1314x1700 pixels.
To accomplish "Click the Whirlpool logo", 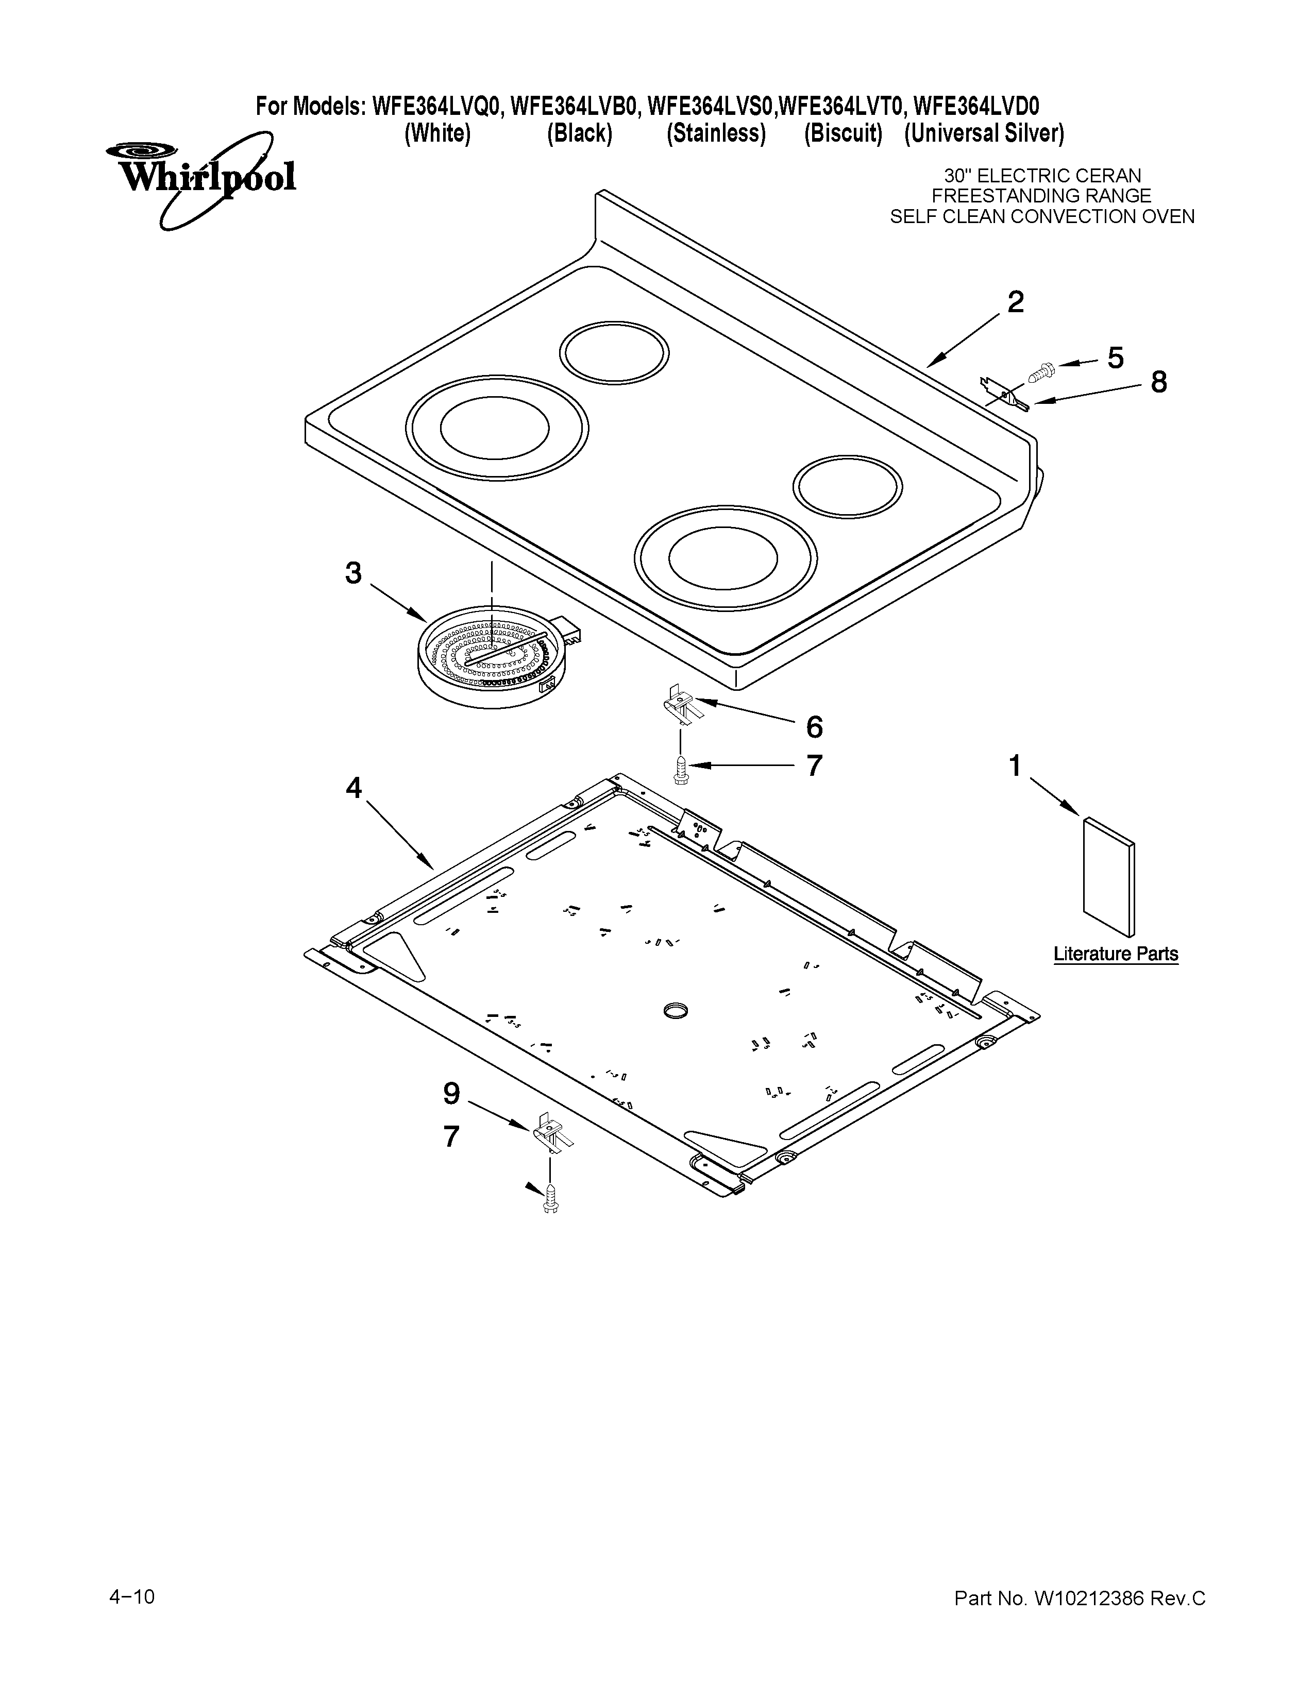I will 201,178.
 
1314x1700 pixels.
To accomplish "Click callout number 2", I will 1015,302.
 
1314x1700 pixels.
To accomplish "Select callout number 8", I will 1158,382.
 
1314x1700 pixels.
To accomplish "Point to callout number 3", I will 353,574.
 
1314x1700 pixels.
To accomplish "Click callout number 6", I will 814,727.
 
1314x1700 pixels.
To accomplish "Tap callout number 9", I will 451,1094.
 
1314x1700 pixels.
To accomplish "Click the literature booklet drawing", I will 1108,876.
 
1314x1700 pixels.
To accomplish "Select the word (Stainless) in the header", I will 715,134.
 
